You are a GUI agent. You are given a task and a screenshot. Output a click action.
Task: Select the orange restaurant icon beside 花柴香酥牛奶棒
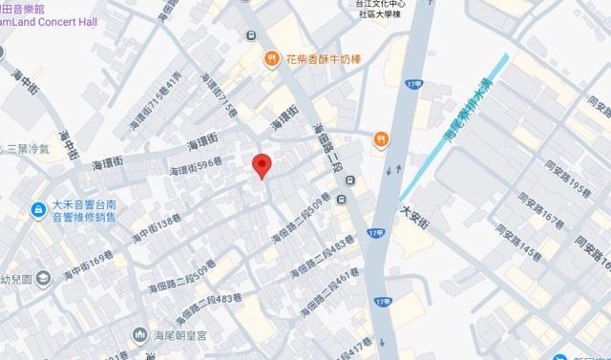[272, 58]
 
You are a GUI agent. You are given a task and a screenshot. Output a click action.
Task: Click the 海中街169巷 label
[89, 265]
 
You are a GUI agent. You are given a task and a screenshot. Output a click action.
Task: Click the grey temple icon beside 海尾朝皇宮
[140, 333]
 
